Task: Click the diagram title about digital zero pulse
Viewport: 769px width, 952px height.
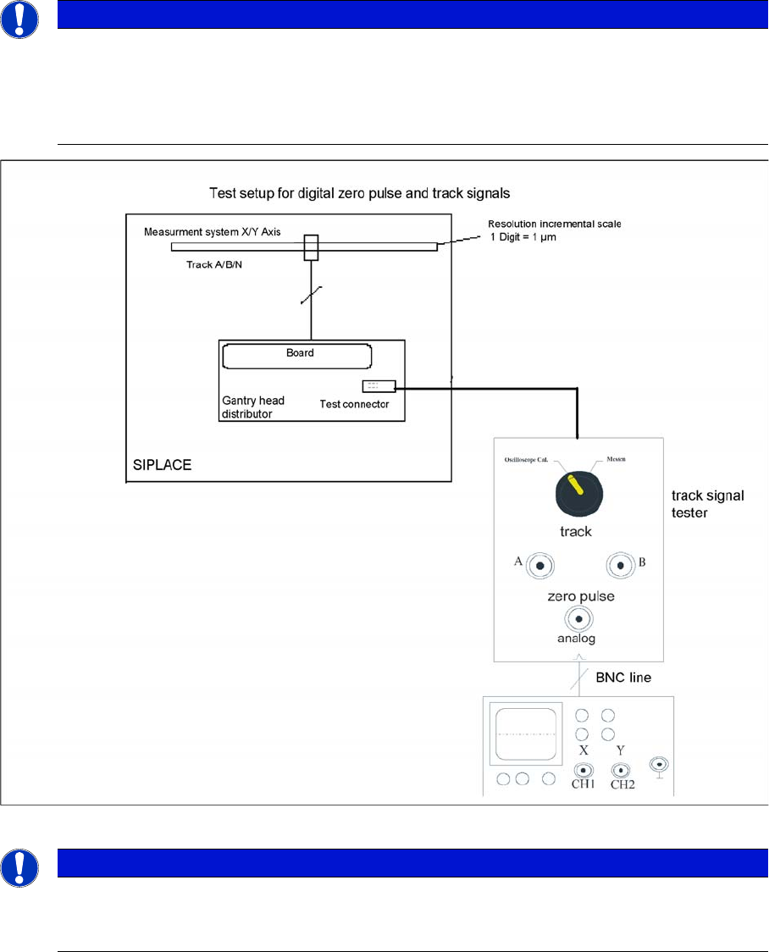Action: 359,194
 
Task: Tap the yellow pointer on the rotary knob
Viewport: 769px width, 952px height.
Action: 575,484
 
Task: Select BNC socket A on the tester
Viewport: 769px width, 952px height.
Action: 539,564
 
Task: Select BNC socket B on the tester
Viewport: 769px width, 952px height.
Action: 620,564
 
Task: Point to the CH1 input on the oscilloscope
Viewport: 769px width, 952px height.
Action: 583,771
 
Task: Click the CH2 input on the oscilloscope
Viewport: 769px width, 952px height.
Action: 621,771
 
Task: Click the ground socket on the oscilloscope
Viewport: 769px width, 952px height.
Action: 658,764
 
